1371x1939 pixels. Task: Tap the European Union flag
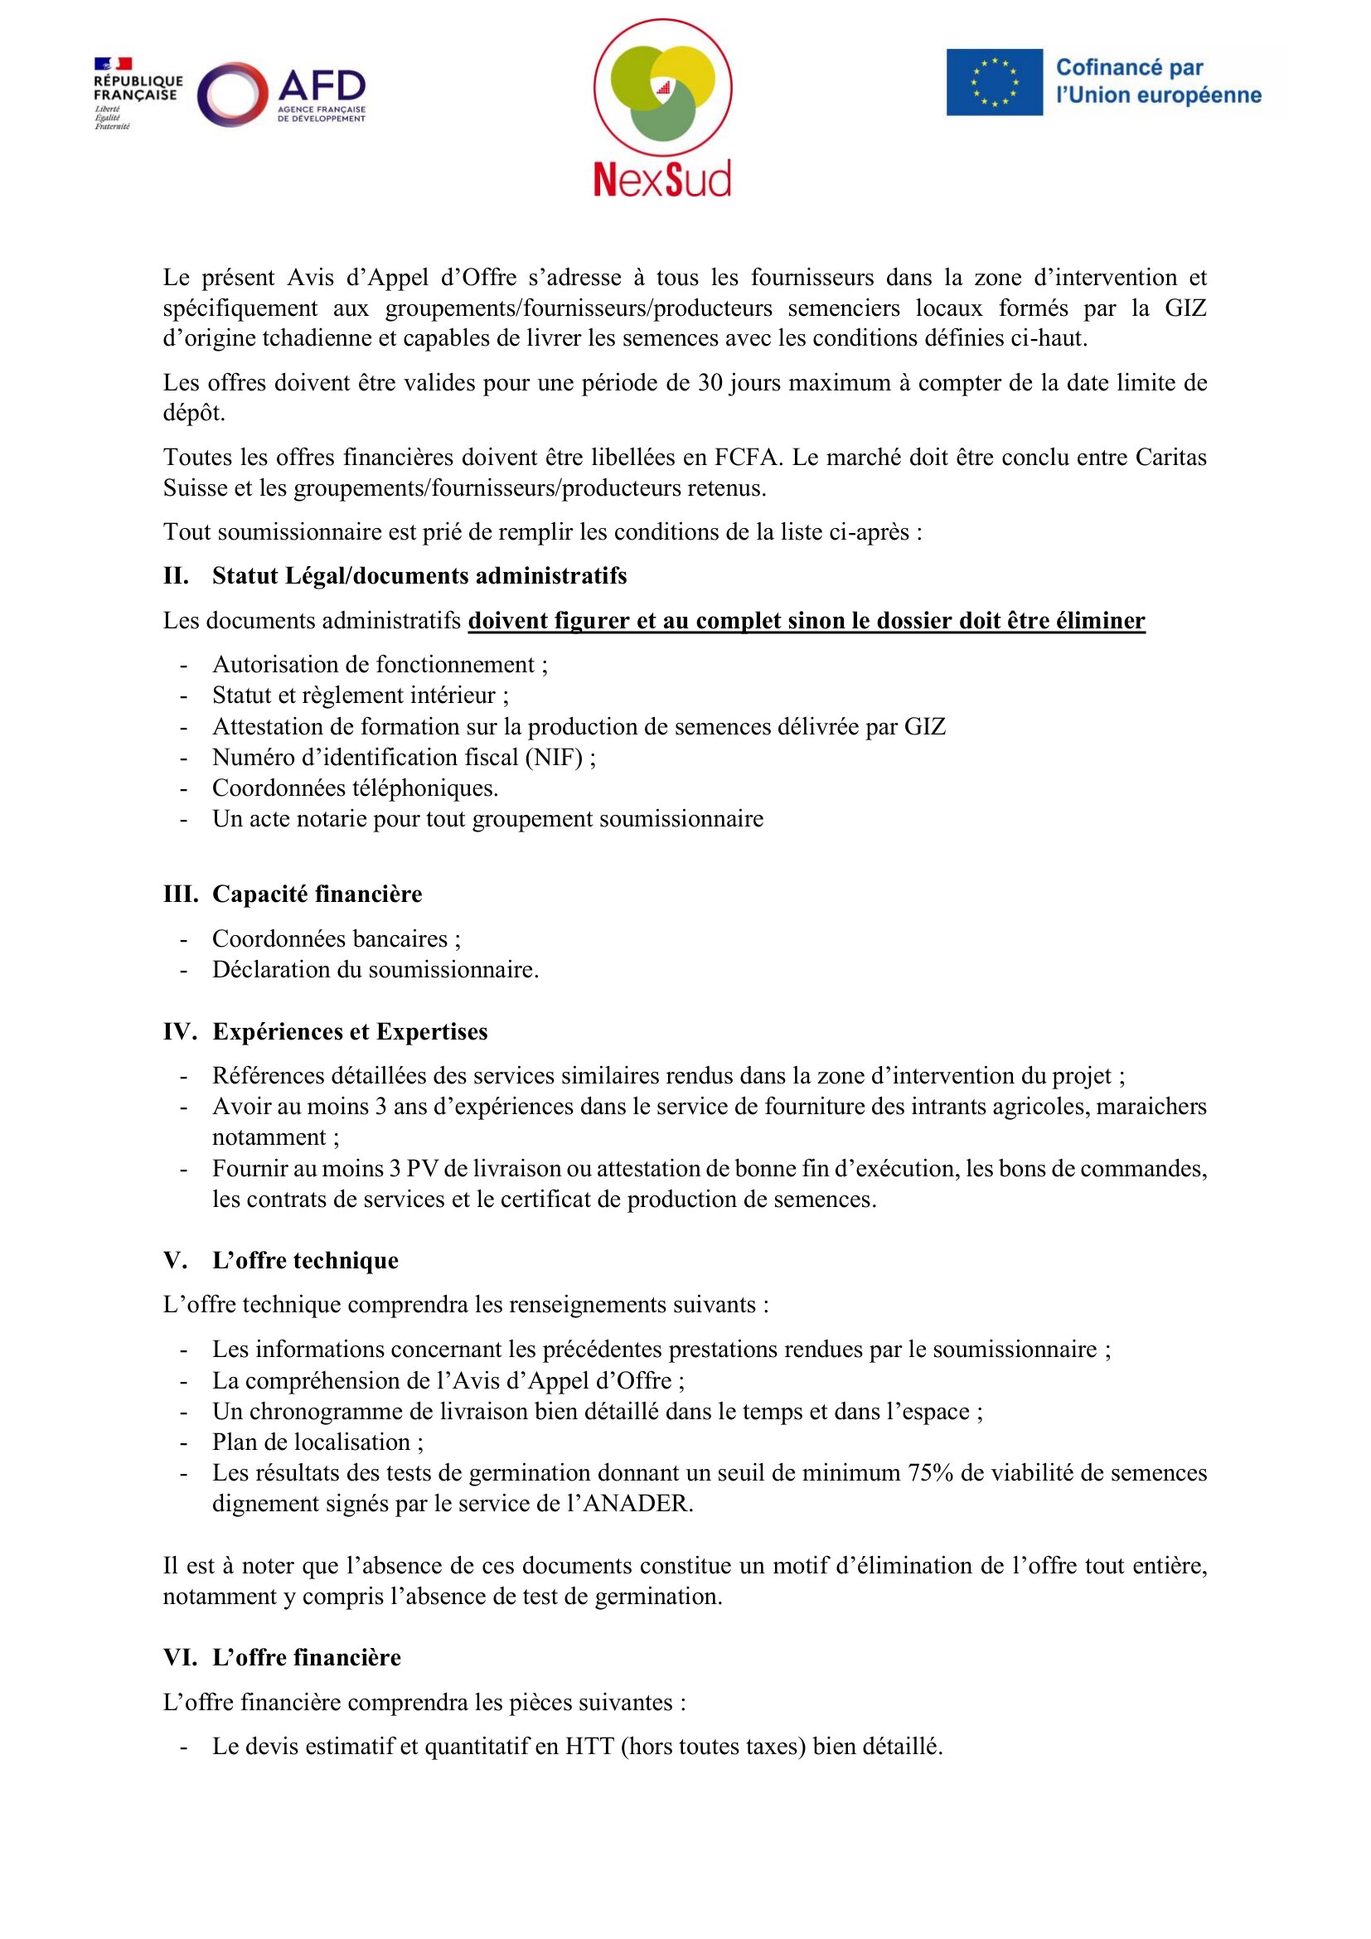click(994, 82)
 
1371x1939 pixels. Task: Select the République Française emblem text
click(138, 88)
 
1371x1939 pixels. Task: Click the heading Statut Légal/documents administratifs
click(419, 576)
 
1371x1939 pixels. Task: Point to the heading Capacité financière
click(317, 894)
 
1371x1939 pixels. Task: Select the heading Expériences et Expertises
click(350, 1031)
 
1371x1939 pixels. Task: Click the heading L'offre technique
click(305, 1260)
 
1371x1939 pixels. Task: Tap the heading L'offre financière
click(307, 1657)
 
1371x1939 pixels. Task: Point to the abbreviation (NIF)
click(554, 757)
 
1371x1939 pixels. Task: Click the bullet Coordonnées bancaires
click(335, 938)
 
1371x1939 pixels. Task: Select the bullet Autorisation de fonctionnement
click(378, 665)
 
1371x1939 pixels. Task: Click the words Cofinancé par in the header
click(1129, 67)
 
